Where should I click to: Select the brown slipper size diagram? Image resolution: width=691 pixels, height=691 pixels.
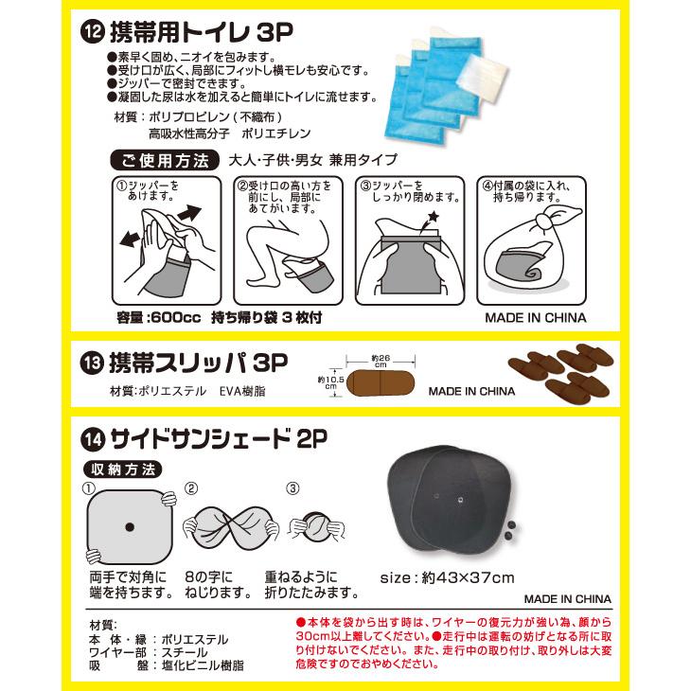click(378, 384)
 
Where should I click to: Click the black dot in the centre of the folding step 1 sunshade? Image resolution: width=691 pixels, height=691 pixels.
click(130, 526)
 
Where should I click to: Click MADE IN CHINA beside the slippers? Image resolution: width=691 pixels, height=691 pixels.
click(471, 390)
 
